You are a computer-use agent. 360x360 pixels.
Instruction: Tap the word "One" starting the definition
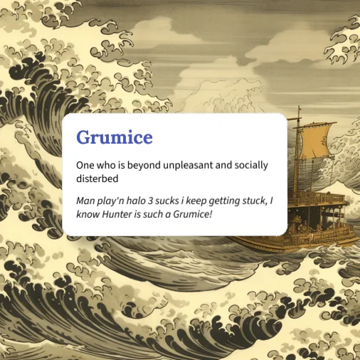pyautogui.click(x=85, y=165)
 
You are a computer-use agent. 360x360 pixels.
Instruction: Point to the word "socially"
pyautogui.click(x=249, y=165)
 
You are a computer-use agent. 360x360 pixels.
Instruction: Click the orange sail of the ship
pyautogui.click(x=315, y=140)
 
